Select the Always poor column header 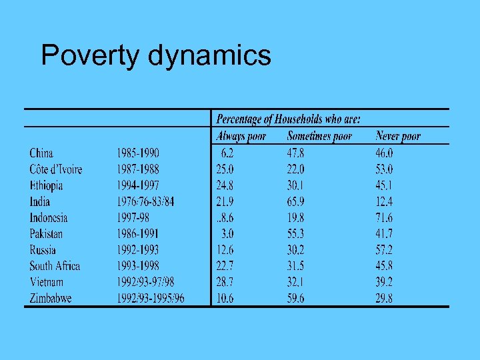tap(241, 137)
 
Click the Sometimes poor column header tap(319, 137)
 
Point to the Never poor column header tap(398, 137)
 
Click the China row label tap(41, 153)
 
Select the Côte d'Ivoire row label tap(56, 169)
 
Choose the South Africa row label tap(55, 266)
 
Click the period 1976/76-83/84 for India tap(145, 201)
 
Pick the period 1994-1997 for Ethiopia tap(138, 185)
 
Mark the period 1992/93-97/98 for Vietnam tap(145, 282)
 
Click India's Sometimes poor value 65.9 tap(295, 201)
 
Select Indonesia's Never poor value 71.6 tap(384, 217)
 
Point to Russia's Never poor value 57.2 tap(384, 250)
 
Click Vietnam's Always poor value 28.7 tap(225, 282)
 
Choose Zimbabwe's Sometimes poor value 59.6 tap(295, 298)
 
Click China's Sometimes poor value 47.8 tap(295, 153)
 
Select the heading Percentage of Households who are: tap(288, 120)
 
